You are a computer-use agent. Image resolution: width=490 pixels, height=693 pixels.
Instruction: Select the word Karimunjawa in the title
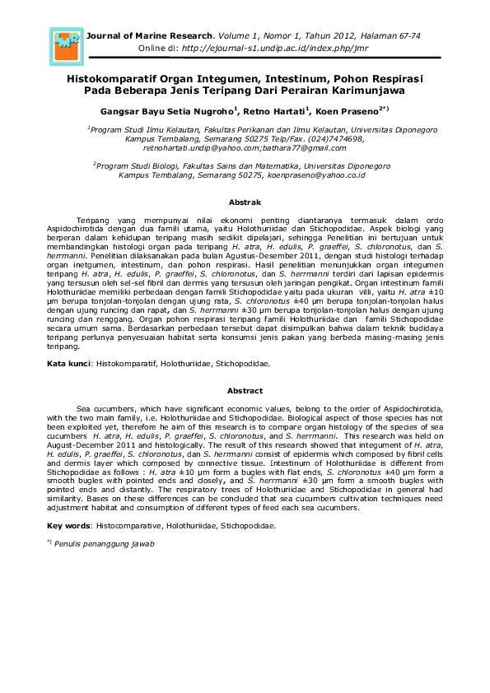point(365,91)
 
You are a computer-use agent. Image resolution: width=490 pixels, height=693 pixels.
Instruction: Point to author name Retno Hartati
point(277,110)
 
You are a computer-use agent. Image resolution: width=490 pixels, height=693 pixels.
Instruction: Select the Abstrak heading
point(245,202)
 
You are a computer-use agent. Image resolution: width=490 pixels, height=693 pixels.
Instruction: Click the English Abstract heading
point(245,390)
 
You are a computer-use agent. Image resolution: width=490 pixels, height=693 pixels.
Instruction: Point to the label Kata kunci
point(68,362)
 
